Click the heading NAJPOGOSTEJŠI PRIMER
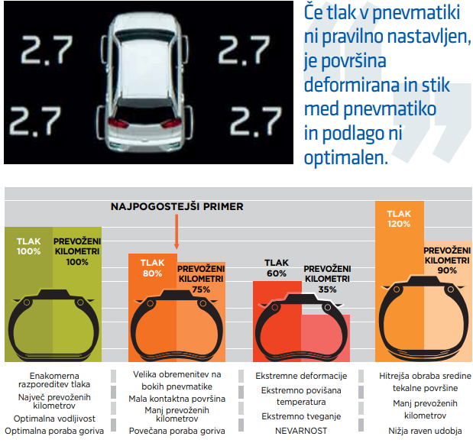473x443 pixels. (x=177, y=206)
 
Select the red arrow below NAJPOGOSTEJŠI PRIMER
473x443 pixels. (x=177, y=231)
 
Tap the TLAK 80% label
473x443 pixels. (x=152, y=267)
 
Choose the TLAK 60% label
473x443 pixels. (x=276, y=267)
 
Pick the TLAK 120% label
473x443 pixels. (x=399, y=219)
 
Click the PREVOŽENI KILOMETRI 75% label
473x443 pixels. (x=201, y=279)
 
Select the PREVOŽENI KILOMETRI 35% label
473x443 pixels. (x=326, y=279)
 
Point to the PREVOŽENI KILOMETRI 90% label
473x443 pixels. (x=447, y=260)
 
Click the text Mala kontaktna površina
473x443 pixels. (x=177, y=399)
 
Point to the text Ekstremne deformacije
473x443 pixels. (x=301, y=376)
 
